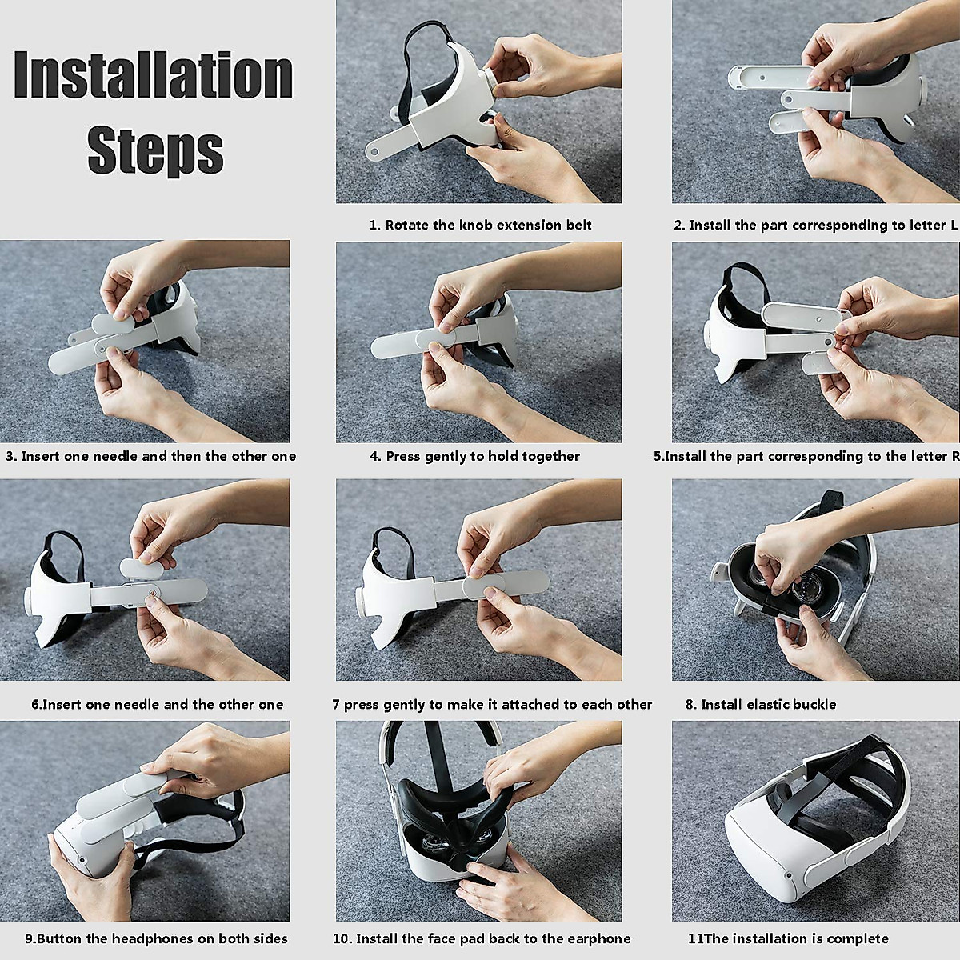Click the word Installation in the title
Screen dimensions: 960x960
153,74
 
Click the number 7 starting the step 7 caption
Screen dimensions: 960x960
336,705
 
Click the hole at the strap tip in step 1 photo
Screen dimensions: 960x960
372,149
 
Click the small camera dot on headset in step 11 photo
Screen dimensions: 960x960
788,890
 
